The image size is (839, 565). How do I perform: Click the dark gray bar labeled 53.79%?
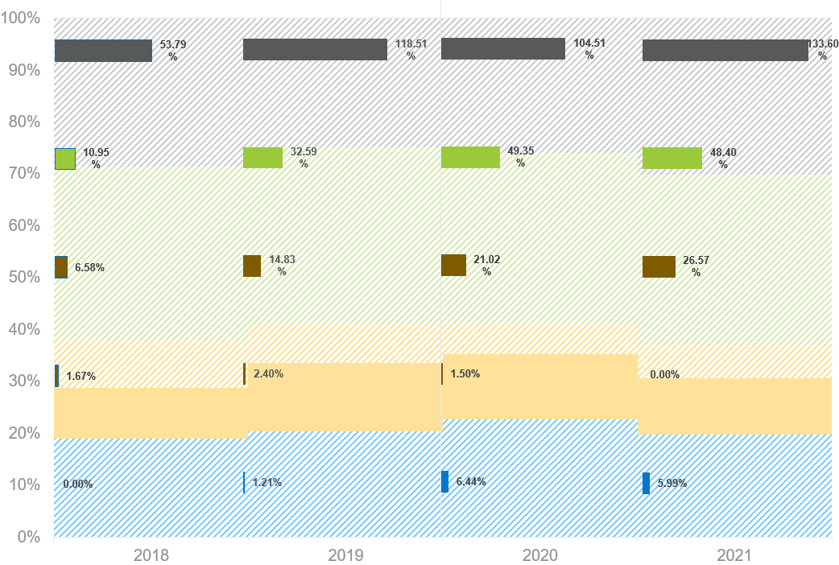click(x=103, y=51)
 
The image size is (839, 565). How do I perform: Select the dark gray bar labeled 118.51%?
click(x=315, y=50)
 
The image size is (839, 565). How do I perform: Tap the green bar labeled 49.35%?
click(x=470, y=157)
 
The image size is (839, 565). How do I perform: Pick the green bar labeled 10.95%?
click(x=65, y=159)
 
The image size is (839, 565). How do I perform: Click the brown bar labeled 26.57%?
click(x=659, y=266)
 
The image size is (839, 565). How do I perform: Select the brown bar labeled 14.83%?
click(x=252, y=266)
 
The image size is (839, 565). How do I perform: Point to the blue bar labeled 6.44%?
click(x=445, y=481)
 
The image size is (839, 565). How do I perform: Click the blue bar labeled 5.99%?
click(x=646, y=483)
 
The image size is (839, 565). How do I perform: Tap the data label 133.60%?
click(x=822, y=50)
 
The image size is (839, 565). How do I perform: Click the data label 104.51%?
click(x=589, y=49)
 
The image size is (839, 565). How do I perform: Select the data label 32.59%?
click(x=304, y=157)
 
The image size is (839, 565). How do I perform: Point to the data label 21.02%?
click(x=487, y=266)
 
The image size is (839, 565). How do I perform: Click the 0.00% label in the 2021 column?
click(x=665, y=374)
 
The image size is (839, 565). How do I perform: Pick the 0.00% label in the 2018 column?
click(x=78, y=485)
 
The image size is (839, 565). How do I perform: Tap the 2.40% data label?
click(x=268, y=373)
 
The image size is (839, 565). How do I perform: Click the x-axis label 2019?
click(x=345, y=555)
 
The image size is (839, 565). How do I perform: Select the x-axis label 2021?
click(x=734, y=555)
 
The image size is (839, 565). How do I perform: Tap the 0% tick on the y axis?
click(x=28, y=536)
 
